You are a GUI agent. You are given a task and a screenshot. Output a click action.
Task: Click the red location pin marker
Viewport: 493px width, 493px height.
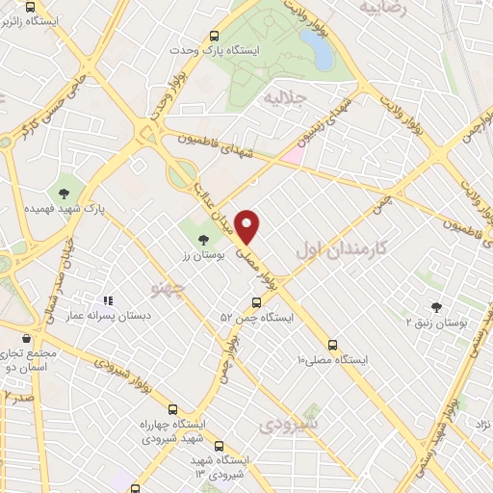(248, 226)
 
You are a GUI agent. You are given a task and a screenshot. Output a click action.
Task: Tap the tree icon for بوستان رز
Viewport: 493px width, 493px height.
(202, 240)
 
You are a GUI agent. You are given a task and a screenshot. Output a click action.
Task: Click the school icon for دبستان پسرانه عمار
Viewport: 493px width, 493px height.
(108, 300)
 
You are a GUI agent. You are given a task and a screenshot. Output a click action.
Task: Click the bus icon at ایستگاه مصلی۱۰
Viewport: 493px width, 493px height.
(332, 344)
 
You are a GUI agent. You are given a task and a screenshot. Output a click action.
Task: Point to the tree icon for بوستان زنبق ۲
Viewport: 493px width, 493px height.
(436, 308)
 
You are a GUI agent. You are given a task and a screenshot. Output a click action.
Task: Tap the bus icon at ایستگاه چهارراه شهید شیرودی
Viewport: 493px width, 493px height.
(172, 408)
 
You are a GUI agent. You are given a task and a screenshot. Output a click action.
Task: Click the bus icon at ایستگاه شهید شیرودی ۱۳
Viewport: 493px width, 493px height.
(219, 446)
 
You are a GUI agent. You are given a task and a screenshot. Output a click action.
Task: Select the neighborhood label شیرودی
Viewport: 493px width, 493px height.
(290, 423)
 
